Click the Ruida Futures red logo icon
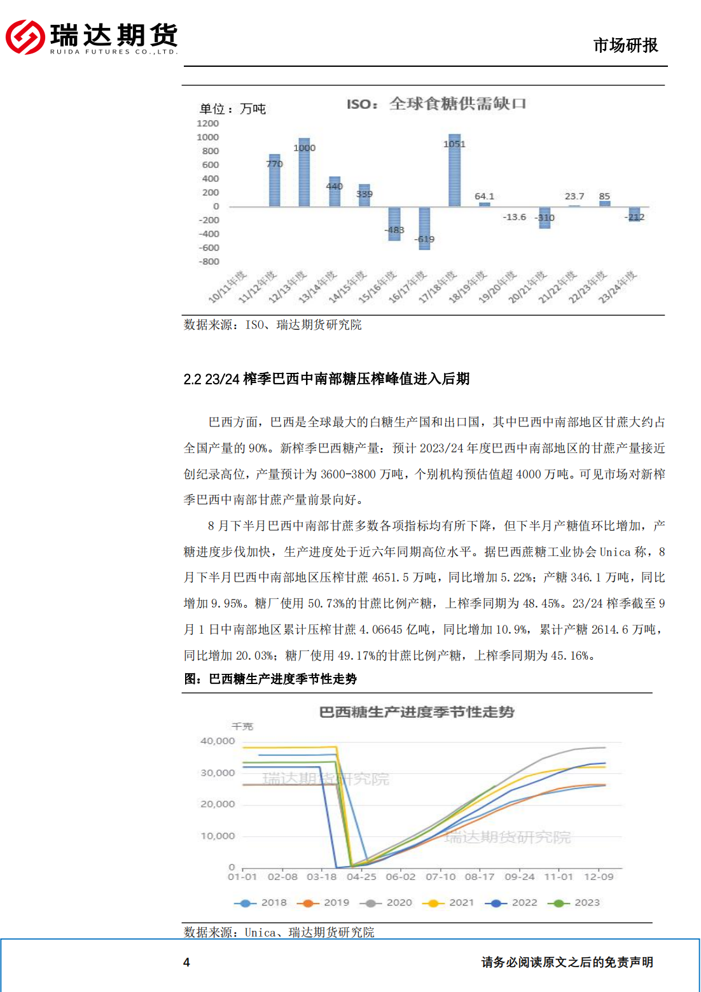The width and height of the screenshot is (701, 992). point(25,37)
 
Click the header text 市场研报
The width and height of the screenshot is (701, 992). point(625,45)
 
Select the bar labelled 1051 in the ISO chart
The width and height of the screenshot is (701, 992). point(454,171)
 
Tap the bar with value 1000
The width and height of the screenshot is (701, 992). point(304,172)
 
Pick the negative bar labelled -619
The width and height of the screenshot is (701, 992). point(424,228)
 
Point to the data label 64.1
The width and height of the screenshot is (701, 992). point(484,197)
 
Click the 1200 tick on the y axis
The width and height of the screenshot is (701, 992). point(207,123)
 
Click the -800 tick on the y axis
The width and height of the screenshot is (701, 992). point(209,262)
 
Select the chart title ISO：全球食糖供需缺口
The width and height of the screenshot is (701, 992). point(436,104)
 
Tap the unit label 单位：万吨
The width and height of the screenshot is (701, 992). point(233,109)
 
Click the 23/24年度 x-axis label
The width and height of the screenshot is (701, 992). point(618,286)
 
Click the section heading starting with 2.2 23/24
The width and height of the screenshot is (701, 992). point(326,379)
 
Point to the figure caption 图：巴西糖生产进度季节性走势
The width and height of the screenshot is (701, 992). point(270,679)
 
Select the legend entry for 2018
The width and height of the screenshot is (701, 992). point(261,902)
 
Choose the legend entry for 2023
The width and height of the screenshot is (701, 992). point(574,902)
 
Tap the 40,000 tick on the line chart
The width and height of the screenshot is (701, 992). point(218,741)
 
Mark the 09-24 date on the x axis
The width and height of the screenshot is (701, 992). point(520,877)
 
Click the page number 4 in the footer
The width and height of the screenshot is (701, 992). point(186,962)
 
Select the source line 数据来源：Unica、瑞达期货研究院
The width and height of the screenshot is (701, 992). point(279,932)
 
